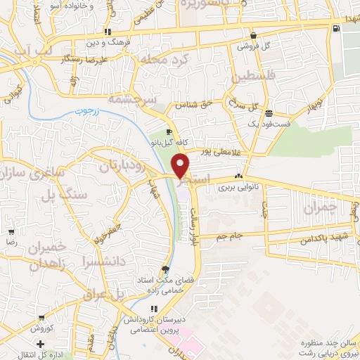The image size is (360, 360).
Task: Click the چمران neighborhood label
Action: coord(321,208)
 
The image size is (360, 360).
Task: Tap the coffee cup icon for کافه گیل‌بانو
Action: coord(169,132)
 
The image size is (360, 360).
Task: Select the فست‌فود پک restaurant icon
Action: coord(269,113)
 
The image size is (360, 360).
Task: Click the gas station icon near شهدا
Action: coord(335,29)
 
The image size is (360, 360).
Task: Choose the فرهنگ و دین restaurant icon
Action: coord(108,32)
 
